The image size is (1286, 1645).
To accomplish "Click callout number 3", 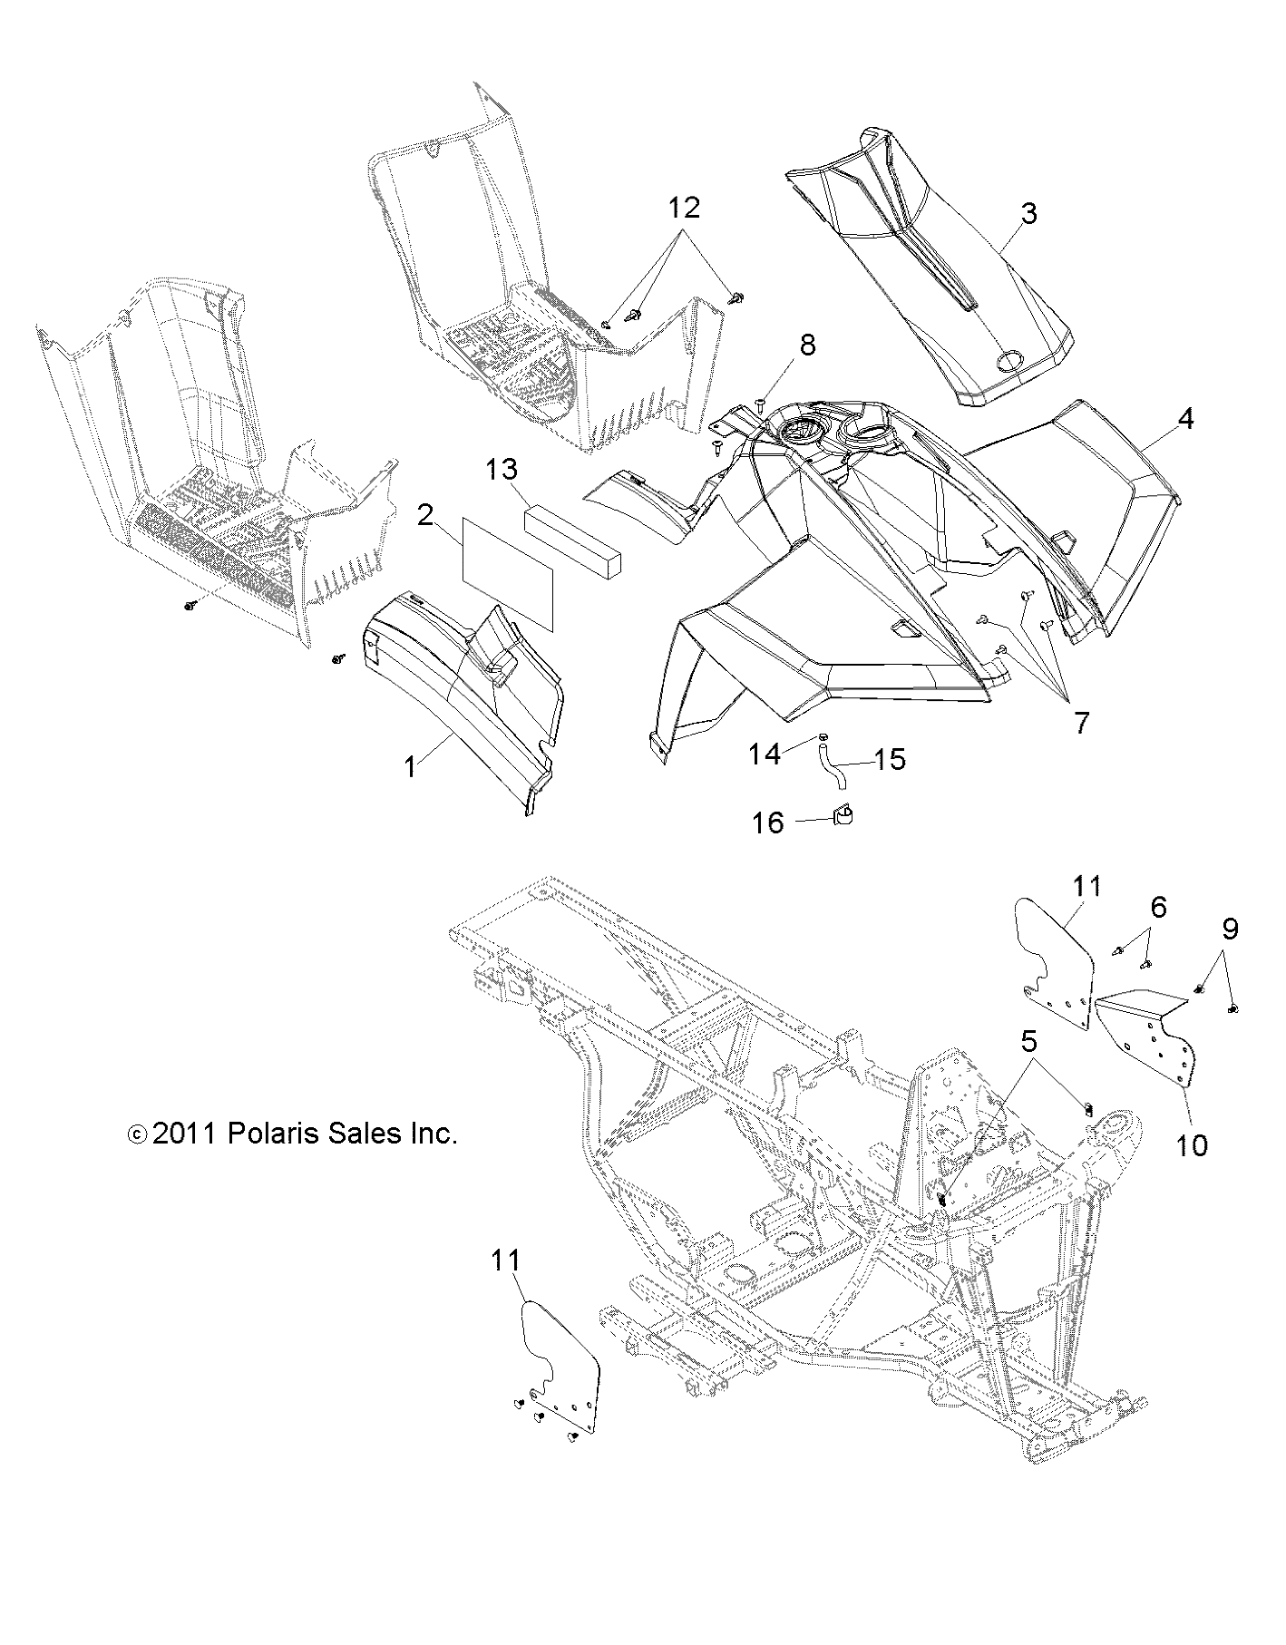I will click(x=1028, y=215).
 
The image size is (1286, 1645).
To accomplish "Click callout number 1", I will click(x=410, y=767).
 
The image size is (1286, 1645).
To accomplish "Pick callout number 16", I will click(x=768, y=822).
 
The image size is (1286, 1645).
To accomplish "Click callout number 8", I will click(x=806, y=345).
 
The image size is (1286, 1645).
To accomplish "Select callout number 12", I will click(x=685, y=209).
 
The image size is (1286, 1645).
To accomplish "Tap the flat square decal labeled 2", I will click(x=508, y=571).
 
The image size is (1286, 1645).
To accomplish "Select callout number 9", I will click(x=1230, y=928).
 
